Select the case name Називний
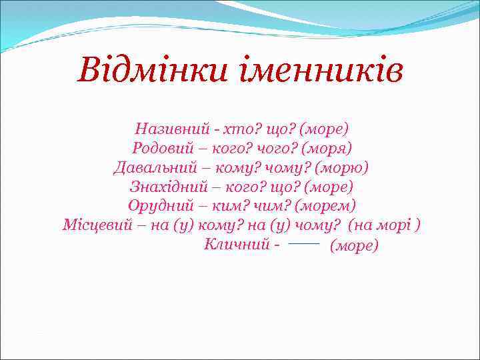167,127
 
